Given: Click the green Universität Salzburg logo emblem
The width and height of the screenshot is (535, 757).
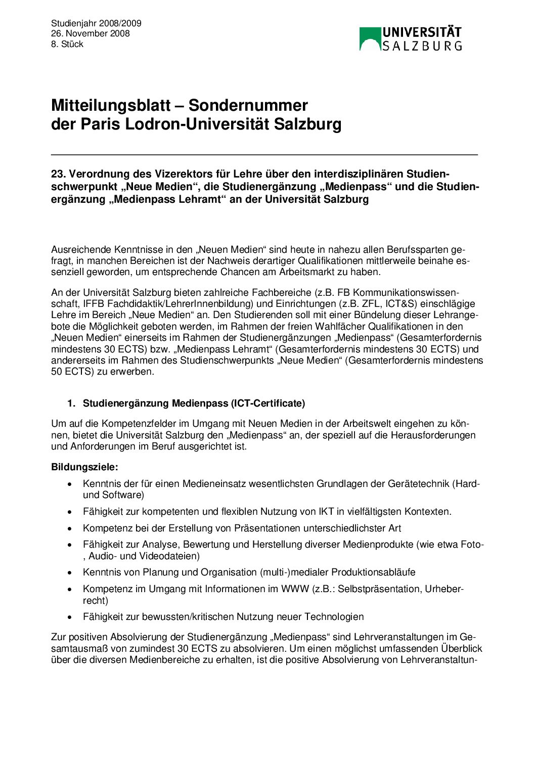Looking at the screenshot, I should tap(370, 39).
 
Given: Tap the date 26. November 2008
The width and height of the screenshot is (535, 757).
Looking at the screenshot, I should tap(90, 33).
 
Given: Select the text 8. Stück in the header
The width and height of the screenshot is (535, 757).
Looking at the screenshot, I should tap(67, 44).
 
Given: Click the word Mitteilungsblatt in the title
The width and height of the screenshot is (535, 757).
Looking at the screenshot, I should tap(111, 105).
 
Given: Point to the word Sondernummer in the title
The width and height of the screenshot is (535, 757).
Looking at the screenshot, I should tap(248, 105).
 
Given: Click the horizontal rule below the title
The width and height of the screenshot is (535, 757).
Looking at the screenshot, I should tap(264, 154).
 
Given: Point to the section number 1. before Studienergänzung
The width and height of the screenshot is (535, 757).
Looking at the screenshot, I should tap(71, 403).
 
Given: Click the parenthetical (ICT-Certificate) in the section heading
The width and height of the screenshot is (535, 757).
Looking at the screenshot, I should tap(268, 403).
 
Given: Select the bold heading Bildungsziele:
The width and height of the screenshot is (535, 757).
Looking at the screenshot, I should tap(84, 467).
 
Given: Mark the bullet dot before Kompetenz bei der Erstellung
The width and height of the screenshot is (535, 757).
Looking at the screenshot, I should tap(70, 528).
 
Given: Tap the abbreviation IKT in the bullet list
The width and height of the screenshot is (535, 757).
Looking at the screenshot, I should tap(326, 511).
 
